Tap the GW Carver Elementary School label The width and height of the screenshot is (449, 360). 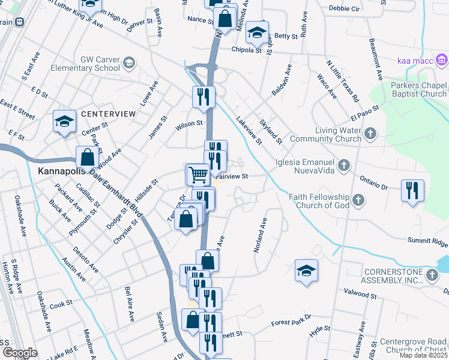coord(100,64)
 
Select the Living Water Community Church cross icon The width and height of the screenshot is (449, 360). coord(370,133)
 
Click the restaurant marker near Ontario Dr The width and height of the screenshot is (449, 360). coord(412,190)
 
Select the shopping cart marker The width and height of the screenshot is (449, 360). coord(198,175)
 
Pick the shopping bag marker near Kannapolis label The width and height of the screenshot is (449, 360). coord(88,158)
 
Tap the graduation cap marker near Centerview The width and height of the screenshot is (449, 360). coord(64,122)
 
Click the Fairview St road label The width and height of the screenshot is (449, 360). coord(232,176)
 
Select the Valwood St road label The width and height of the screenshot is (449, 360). coord(360,295)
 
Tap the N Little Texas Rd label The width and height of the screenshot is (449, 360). coord(342,80)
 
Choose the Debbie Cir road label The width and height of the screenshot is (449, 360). coord(344,8)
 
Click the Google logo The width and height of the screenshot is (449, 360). coord(19,353)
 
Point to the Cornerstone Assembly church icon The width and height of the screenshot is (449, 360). coord(432,275)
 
